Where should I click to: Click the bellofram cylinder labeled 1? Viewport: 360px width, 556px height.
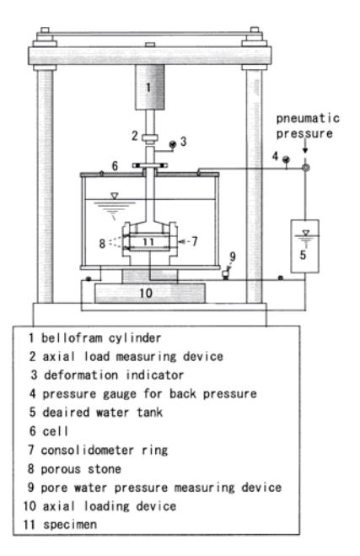(149, 87)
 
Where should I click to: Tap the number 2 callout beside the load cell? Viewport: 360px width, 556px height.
(135, 136)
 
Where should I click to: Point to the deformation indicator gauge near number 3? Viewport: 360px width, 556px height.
(173, 144)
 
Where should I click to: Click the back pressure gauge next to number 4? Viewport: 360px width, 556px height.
(286, 159)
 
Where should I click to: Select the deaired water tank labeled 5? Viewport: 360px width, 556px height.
(304, 246)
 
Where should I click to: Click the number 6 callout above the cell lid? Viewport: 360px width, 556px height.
(115, 165)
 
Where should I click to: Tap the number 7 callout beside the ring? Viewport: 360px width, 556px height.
(194, 241)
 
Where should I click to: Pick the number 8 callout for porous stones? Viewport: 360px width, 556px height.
(102, 243)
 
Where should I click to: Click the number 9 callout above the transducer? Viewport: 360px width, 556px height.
(233, 256)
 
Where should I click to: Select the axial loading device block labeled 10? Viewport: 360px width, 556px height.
(149, 293)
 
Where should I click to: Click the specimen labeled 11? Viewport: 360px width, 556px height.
(149, 242)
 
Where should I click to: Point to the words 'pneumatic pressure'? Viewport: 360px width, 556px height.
(308, 126)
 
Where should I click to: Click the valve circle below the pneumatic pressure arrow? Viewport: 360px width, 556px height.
(305, 167)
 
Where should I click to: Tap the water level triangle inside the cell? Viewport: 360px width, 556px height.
(115, 196)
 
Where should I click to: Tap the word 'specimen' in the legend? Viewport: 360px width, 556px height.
(70, 525)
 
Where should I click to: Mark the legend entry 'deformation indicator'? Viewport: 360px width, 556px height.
(114, 375)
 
